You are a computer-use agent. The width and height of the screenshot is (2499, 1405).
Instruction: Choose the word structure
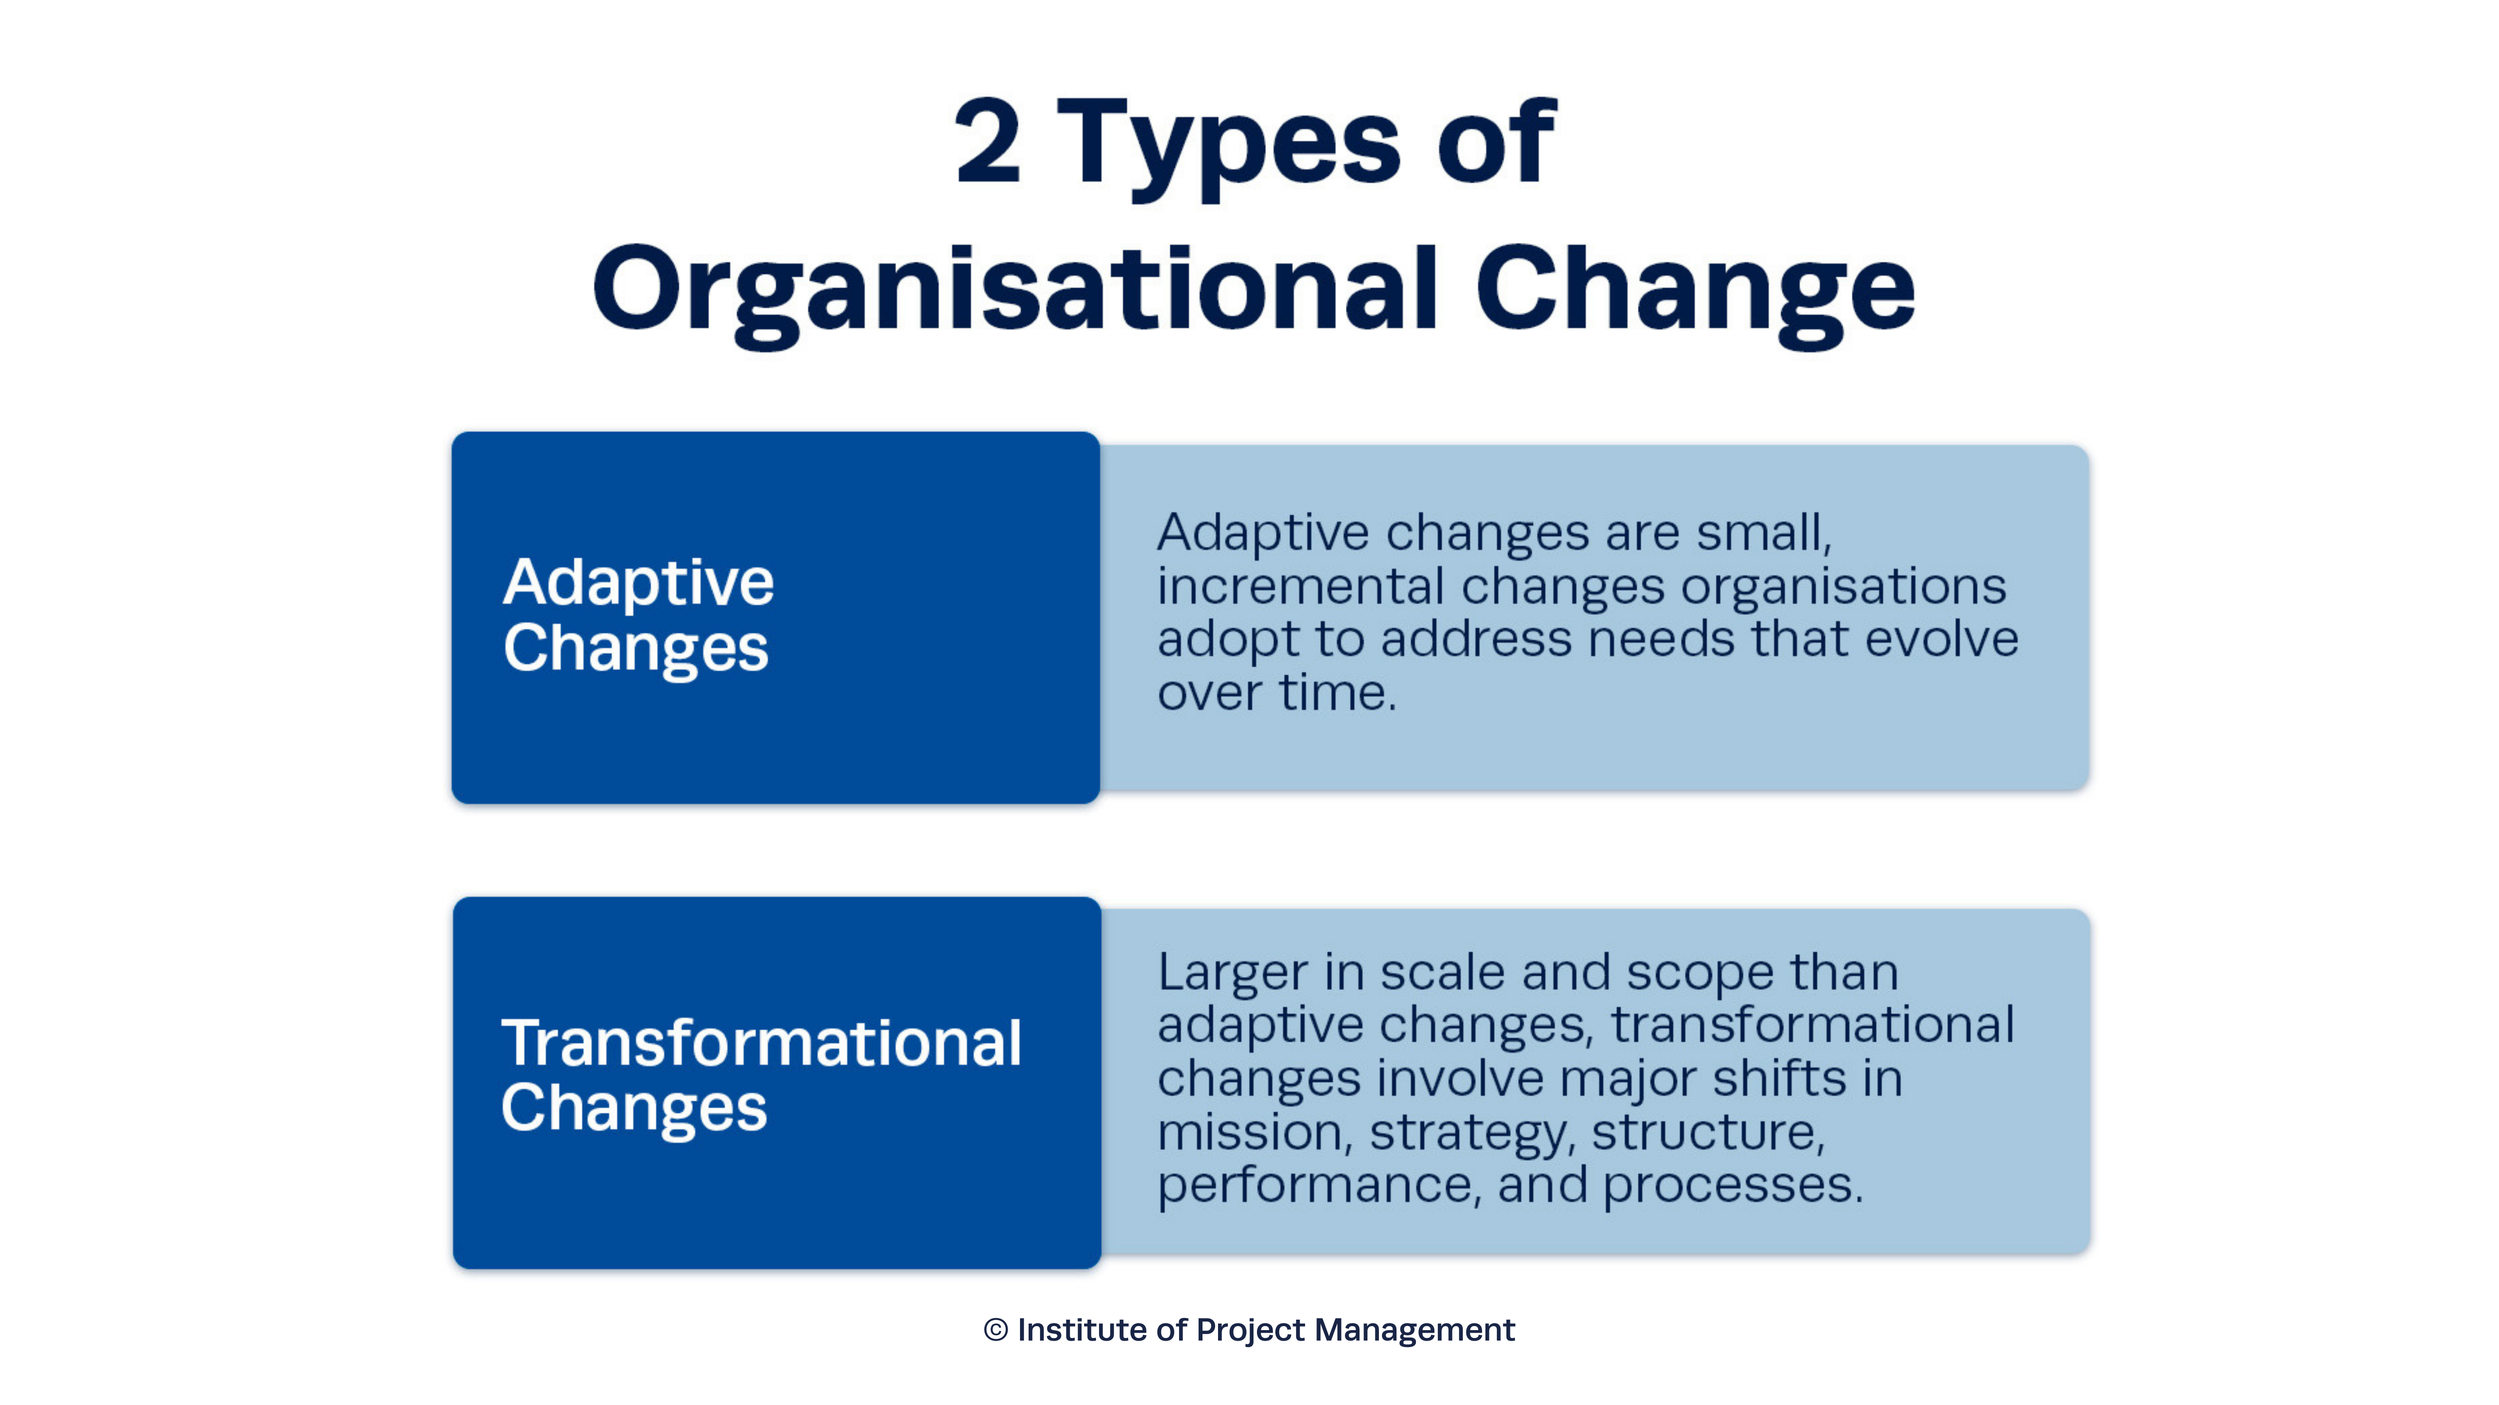pos(1707,1132)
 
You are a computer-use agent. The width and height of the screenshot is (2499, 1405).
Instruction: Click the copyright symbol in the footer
pos(995,1330)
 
